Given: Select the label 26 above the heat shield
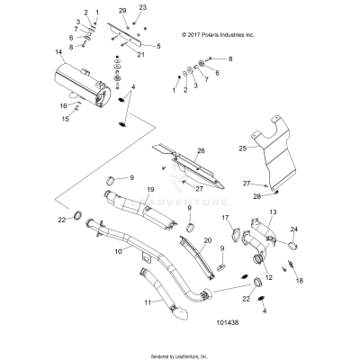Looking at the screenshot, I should click(x=201, y=150).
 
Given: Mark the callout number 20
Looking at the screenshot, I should click(x=207, y=241).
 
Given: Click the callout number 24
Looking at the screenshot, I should click(x=294, y=229).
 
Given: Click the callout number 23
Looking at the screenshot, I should click(x=142, y=8).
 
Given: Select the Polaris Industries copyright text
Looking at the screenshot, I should click(x=226, y=34).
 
